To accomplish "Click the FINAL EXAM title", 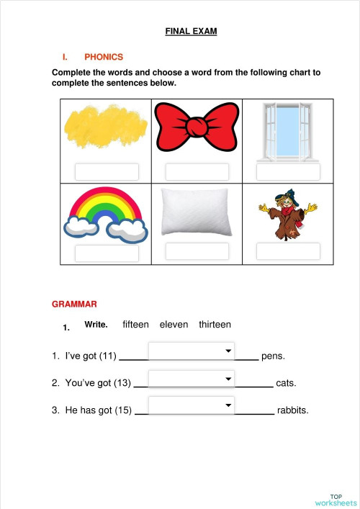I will click(x=191, y=32).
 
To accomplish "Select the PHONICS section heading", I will click(x=104, y=57).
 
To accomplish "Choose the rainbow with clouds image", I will click(x=107, y=214).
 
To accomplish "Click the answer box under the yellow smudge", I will click(x=107, y=172).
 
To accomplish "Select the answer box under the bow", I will click(x=197, y=172).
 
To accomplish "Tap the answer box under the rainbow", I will click(x=107, y=253).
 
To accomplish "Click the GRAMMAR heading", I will click(x=75, y=305).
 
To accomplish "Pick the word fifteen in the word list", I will click(x=136, y=325).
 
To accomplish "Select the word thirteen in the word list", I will click(x=215, y=325).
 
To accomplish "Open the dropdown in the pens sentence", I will click(x=192, y=351).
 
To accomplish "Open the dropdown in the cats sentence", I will click(x=192, y=379).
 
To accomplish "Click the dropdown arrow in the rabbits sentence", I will click(x=228, y=406).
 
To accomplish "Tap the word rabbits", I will click(x=292, y=410).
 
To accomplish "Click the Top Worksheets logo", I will click(x=336, y=500).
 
